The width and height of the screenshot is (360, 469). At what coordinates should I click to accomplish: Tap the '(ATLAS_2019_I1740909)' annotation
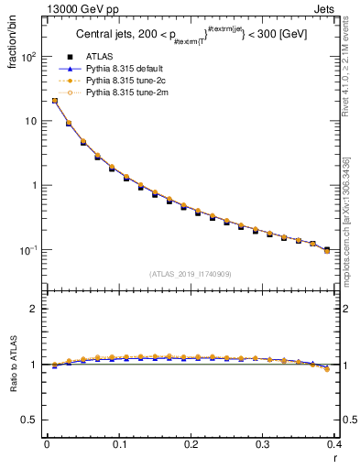[x=191, y=274]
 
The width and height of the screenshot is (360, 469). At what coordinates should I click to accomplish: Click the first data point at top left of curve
[x=54, y=101]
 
